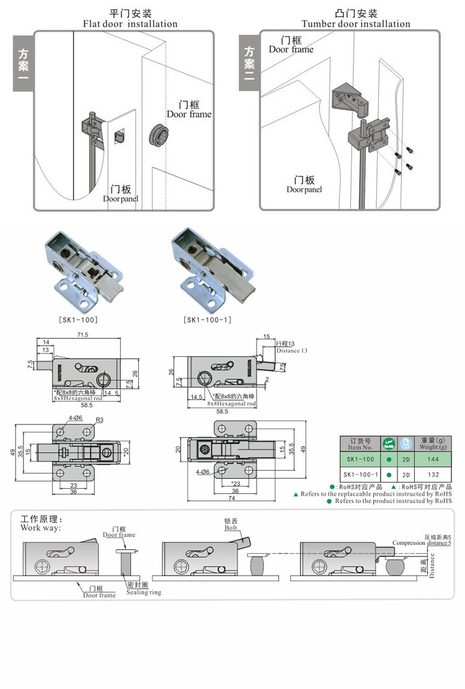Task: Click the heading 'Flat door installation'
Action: [130, 24]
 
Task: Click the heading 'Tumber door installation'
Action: [356, 24]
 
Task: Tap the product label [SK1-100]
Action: [79, 320]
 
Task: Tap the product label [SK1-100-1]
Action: [207, 320]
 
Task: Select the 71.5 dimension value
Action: [82, 335]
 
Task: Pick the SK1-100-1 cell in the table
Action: [360, 475]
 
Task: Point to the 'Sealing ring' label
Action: [143, 592]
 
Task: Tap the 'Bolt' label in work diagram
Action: [231, 528]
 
